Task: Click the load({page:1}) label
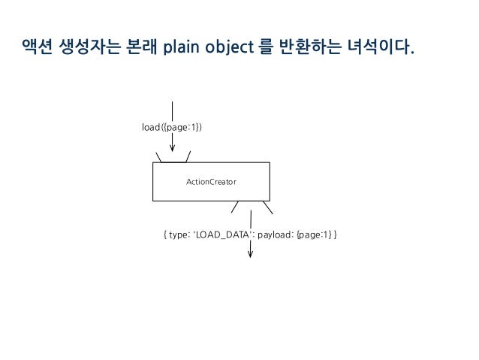(x=172, y=127)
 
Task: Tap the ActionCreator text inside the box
(x=211, y=182)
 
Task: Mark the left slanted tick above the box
(x=158, y=157)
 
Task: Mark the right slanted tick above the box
(x=188, y=157)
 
